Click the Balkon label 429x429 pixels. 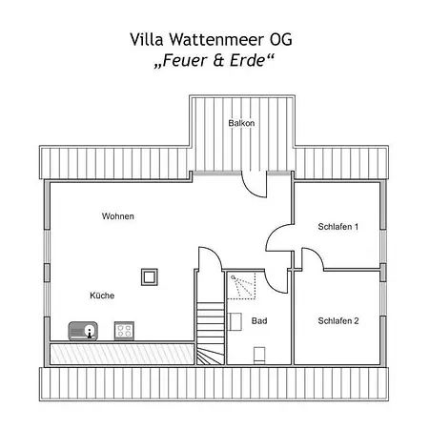pos(241,123)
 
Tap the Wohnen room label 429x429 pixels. pos(118,216)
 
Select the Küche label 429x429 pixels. pos(102,296)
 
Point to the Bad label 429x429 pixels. pos(259,320)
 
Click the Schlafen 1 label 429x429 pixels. pos(338,227)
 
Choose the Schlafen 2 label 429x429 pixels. pos(338,320)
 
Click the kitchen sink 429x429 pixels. pos(83,331)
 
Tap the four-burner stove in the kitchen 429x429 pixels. pos(124,331)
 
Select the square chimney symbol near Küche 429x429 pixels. pos(150,277)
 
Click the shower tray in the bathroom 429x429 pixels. pos(241,285)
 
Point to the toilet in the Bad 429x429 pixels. pos(259,355)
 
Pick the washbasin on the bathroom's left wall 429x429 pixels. pos(235,321)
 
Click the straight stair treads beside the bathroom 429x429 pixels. pos(211,324)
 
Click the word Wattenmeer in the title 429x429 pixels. pos(216,39)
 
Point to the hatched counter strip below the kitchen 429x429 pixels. pos(122,354)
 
